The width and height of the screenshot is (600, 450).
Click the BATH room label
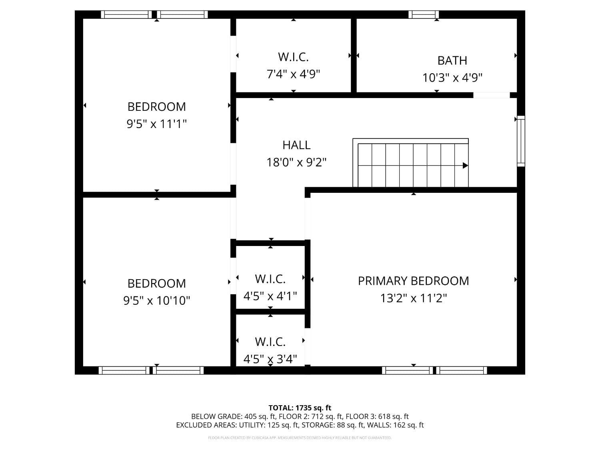pyautogui.click(x=452, y=60)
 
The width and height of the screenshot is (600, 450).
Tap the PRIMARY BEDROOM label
pyautogui.click(x=413, y=281)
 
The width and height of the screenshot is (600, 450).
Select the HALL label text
pyautogui.click(x=296, y=145)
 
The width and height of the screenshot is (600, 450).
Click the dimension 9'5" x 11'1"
pyautogui.click(x=156, y=124)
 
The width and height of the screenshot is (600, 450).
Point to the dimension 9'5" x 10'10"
pyautogui.click(x=156, y=300)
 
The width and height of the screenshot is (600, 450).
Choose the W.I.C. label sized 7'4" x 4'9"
pyautogui.click(x=293, y=57)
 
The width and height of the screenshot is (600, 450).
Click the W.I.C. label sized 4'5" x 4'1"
pyautogui.click(x=270, y=279)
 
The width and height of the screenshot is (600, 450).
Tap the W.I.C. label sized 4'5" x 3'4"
pyautogui.click(x=270, y=342)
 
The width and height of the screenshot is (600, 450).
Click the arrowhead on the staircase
pyautogui.click(x=465, y=165)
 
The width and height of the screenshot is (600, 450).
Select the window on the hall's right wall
pyautogui.click(x=521, y=141)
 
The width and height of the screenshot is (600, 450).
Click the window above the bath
pyautogui.click(x=424, y=15)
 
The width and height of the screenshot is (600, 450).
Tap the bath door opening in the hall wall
pyautogui.click(x=491, y=95)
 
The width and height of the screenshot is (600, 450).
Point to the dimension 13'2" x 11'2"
pyautogui.click(x=413, y=298)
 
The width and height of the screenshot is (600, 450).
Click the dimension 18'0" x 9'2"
pyautogui.click(x=296, y=162)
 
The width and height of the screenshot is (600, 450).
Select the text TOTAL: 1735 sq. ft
pyautogui.click(x=300, y=408)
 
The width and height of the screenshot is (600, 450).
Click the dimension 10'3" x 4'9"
pyautogui.click(x=452, y=78)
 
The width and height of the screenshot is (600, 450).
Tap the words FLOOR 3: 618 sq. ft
pyautogui.click(x=377, y=416)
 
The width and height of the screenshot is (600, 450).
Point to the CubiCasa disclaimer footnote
pyautogui.click(x=300, y=438)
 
